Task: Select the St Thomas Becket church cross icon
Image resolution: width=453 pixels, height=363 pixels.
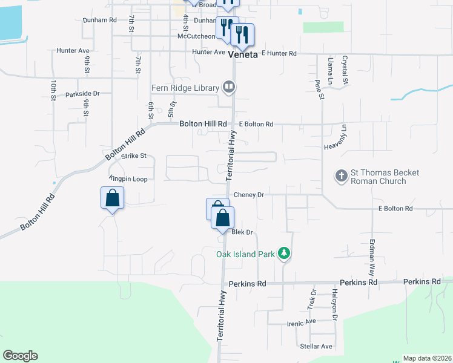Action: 341,176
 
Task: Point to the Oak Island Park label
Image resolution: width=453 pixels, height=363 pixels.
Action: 245,254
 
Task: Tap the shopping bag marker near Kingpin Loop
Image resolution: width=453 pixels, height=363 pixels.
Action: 113,198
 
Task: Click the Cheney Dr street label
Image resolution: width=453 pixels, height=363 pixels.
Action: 249,195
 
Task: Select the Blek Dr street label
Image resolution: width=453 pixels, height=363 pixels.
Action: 242,232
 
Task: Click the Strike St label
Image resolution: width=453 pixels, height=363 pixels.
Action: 134,155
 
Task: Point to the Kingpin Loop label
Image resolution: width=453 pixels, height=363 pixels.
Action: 128,179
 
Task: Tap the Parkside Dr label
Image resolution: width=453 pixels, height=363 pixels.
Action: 82,94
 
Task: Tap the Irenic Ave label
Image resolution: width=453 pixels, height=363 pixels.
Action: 301,322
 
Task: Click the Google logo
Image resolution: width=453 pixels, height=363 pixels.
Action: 20,356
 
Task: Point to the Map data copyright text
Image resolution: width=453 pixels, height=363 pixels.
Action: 426,358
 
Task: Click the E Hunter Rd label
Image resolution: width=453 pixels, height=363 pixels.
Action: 279,54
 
